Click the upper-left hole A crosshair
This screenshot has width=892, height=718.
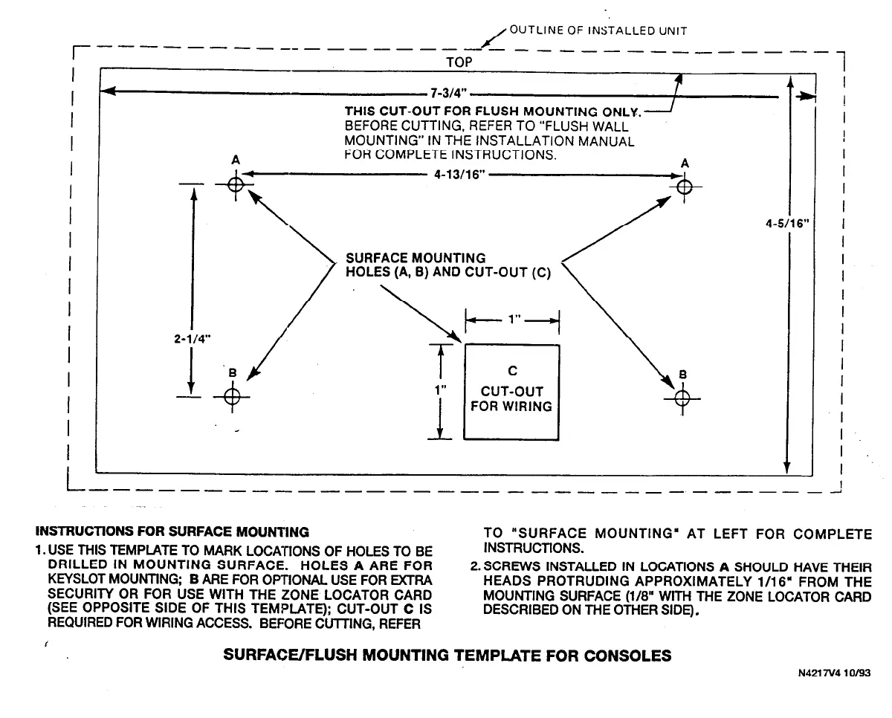[x=236, y=184]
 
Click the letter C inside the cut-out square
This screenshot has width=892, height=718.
[x=511, y=371]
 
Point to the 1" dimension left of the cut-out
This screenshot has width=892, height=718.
[x=441, y=389]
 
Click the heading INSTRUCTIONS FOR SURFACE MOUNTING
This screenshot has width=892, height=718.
[x=172, y=531]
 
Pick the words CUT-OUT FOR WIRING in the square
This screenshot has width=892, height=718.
[x=511, y=398]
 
